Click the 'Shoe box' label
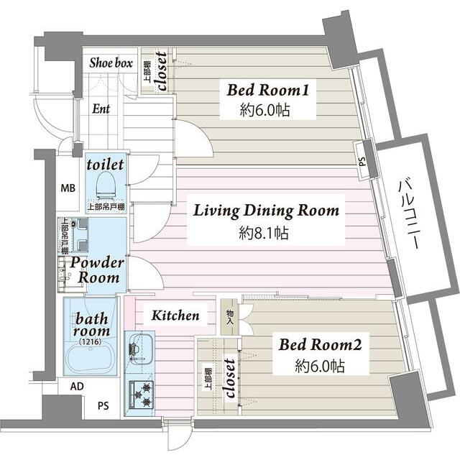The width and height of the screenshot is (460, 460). point(111,63)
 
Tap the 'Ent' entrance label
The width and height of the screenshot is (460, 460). point(101,109)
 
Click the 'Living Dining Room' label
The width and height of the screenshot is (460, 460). point(266,211)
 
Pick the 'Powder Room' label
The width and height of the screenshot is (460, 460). point(98,270)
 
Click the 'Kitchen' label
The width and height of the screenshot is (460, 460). point(175,315)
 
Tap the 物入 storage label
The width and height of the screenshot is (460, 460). point(229,316)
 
